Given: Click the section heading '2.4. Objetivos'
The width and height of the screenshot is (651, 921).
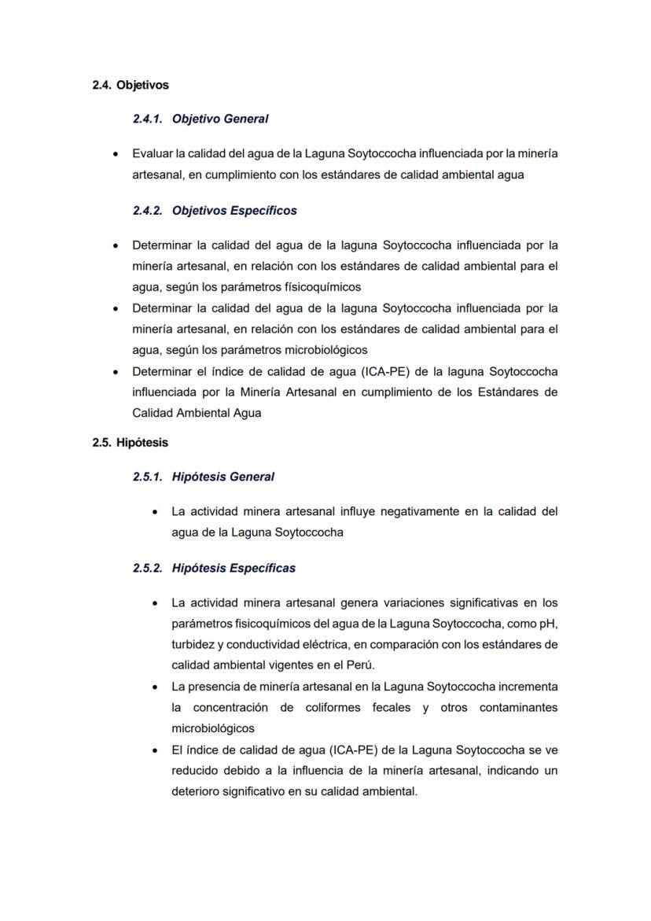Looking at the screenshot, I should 130,85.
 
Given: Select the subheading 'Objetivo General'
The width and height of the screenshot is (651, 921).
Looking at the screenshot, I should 219,120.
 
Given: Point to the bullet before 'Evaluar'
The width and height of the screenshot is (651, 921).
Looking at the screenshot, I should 116,153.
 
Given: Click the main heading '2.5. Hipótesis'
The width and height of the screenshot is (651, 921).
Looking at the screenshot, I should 130,443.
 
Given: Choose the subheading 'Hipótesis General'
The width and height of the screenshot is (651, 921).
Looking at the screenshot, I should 223,477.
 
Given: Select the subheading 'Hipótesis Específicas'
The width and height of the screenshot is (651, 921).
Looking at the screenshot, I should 234,568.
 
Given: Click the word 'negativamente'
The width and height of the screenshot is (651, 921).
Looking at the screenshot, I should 417,511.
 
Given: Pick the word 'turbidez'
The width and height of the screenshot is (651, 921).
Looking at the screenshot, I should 193,645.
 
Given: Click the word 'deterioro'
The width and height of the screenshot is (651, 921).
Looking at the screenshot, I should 196,791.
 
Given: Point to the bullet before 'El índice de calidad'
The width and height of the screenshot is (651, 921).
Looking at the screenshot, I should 156,750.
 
